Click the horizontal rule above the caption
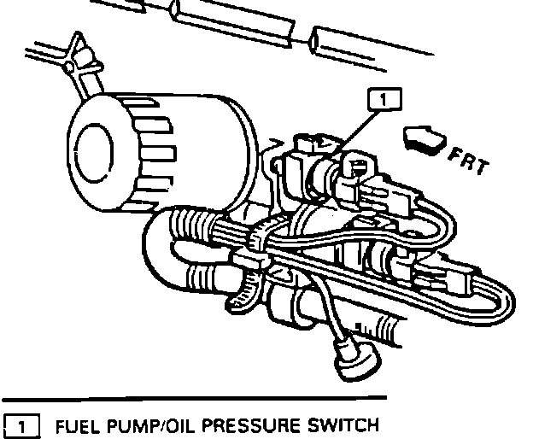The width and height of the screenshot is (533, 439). coord(196,397)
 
